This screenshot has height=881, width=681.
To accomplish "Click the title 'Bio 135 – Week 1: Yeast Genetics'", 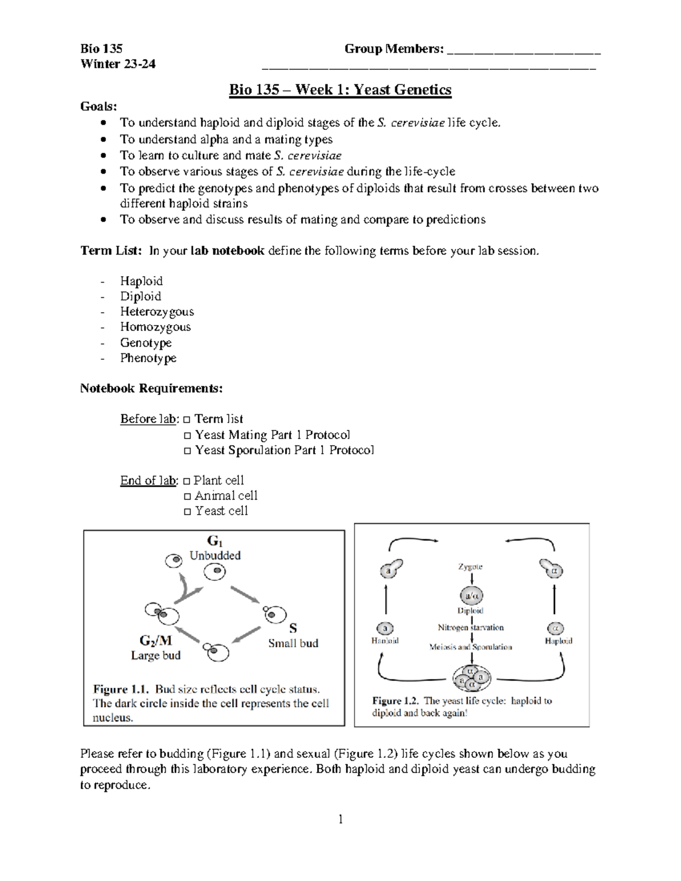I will (x=340, y=90).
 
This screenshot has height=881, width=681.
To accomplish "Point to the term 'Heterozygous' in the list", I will (x=157, y=311).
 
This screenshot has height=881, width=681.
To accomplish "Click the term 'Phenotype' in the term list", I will (x=148, y=358).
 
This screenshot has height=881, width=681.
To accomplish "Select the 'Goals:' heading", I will (x=99, y=106).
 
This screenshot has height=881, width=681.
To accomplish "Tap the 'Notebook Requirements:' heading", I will (x=151, y=389).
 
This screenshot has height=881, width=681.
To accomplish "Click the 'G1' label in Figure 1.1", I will (x=215, y=541).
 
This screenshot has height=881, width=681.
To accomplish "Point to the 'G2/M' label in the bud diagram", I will (x=155, y=640).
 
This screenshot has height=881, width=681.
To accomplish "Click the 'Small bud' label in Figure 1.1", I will (x=293, y=643).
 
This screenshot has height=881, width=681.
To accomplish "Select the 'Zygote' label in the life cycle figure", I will (x=470, y=566).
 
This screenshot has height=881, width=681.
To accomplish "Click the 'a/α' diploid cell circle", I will (x=471, y=596).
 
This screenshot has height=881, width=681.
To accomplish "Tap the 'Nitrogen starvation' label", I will (x=470, y=627).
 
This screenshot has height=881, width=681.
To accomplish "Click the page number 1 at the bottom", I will (x=340, y=819).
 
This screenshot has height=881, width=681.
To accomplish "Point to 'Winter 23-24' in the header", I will (x=118, y=64).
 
